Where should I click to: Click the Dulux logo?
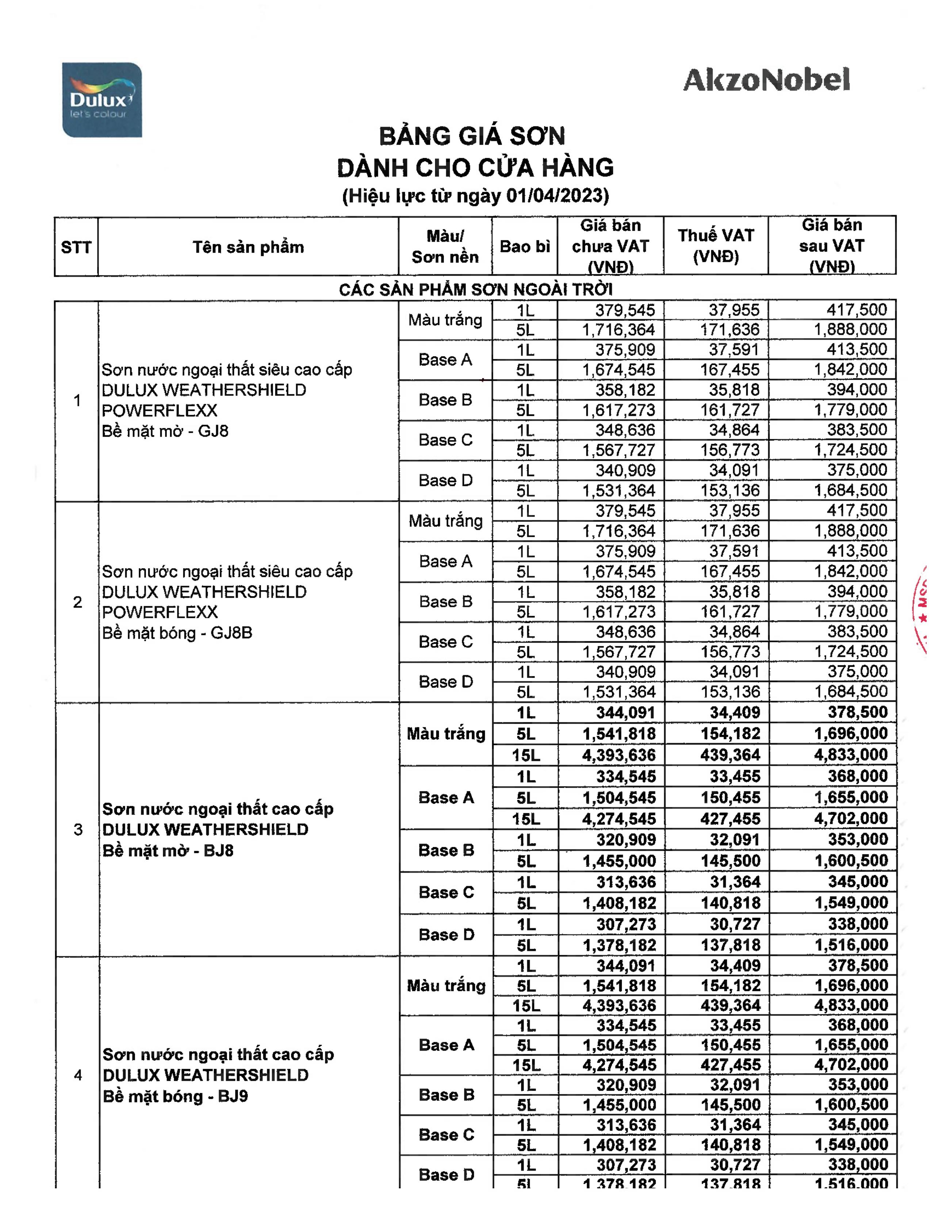tap(102, 100)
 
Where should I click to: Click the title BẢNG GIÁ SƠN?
tap(472, 136)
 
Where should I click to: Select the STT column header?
tap(76, 247)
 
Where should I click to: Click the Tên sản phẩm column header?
tap(248, 247)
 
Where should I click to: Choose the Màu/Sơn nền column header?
tap(445, 246)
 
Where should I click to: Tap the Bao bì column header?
tap(525, 246)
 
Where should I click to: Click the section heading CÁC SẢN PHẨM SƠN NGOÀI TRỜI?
tap(475, 289)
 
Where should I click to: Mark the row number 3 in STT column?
tap(78, 829)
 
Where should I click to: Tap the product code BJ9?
tap(233, 1096)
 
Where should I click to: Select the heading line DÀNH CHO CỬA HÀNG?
tap(475, 168)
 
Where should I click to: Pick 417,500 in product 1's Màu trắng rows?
tap(856, 310)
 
